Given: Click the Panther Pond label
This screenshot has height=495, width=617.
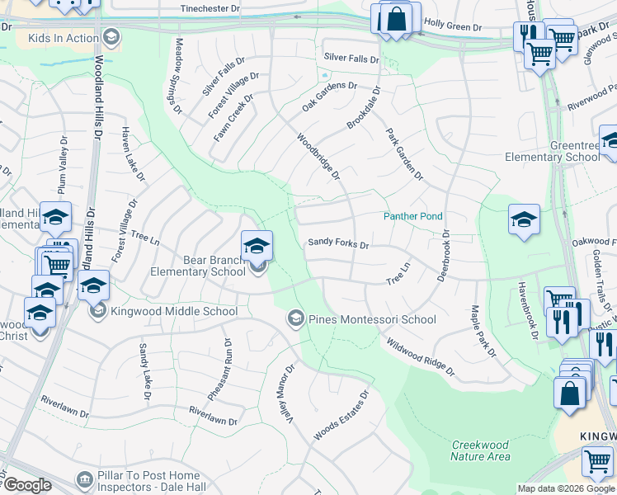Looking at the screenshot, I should [x=412, y=216].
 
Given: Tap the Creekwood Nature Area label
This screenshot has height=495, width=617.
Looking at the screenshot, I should [x=480, y=450].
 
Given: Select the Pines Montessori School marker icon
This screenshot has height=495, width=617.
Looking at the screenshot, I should [x=295, y=318].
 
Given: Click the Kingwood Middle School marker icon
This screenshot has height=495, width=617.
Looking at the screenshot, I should [x=98, y=311].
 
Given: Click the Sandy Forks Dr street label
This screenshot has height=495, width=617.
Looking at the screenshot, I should [x=338, y=243].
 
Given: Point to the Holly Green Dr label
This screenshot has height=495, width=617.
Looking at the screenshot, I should [x=452, y=27].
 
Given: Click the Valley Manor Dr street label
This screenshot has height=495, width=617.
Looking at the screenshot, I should [x=284, y=394].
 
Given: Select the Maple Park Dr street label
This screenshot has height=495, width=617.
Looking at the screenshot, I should [x=483, y=332].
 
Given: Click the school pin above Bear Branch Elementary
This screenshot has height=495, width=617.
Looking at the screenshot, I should [x=257, y=245].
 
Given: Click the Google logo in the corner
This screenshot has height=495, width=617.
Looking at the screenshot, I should [x=27, y=485].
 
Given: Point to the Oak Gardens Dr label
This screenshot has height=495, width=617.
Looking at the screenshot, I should [x=329, y=96].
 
